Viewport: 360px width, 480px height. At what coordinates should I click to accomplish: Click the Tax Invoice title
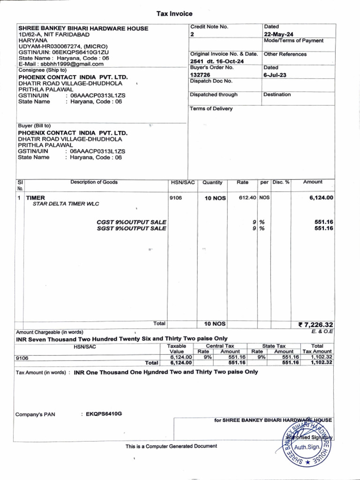point(174,14)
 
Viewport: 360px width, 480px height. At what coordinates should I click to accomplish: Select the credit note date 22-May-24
point(278,34)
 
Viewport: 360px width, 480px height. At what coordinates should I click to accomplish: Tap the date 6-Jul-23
point(275,75)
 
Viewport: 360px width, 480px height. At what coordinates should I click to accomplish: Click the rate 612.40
point(247,198)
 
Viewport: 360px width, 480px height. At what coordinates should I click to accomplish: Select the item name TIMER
point(36,198)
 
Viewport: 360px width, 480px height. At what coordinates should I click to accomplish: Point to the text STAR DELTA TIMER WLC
point(66,204)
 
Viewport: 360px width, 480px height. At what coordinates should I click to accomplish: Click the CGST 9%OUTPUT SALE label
point(131,222)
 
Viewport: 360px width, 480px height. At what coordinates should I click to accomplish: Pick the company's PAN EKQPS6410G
point(104,414)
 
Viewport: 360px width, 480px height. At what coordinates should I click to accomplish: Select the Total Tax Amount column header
point(317,348)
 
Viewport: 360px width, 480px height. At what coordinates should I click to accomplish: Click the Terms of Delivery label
point(211,109)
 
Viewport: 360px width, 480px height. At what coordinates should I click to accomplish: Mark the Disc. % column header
point(281,182)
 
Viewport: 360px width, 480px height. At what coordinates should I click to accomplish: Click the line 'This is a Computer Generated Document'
point(171,446)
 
